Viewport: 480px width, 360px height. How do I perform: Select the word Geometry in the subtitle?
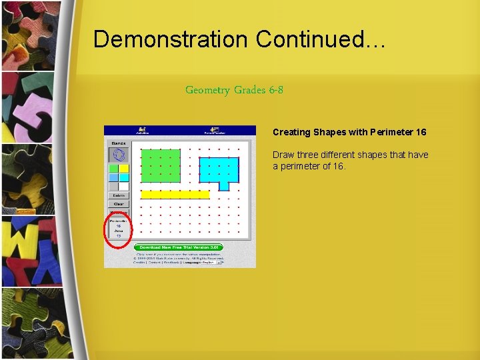(207, 90)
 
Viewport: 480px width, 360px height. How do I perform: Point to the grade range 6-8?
(276, 90)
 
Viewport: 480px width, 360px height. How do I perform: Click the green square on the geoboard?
(161, 165)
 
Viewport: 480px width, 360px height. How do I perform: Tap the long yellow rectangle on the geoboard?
(175, 195)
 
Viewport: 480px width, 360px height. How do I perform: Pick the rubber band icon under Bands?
(119, 155)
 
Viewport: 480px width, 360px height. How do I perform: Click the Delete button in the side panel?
(119, 195)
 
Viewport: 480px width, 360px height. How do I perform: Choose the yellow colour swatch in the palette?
(124, 169)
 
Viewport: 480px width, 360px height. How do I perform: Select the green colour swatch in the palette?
(114, 169)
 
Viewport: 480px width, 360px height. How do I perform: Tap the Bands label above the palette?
(119, 143)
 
